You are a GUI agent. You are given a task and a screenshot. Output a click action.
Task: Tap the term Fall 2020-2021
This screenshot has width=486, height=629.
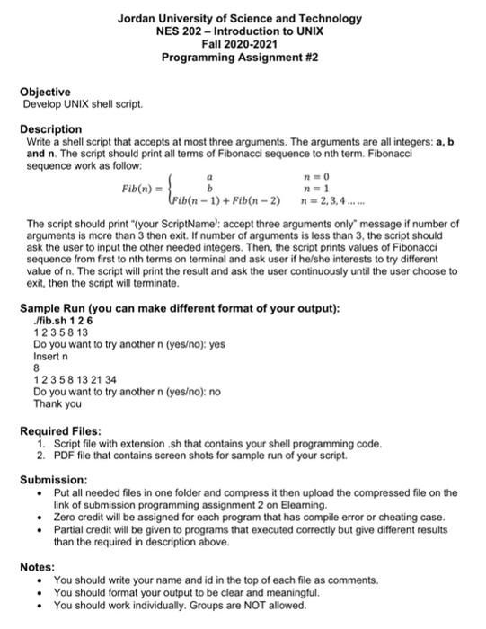click(240, 44)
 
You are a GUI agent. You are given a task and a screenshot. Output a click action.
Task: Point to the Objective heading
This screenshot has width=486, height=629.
click(45, 93)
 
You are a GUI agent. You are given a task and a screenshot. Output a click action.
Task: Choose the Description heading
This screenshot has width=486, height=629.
click(51, 129)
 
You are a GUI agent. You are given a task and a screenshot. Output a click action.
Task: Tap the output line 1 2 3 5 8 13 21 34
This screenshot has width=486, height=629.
click(75, 380)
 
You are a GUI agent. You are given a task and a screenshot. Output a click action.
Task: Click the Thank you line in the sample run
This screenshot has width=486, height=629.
click(57, 403)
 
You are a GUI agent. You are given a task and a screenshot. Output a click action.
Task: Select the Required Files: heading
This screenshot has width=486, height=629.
click(60, 431)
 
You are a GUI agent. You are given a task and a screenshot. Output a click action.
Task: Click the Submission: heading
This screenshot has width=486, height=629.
click(54, 480)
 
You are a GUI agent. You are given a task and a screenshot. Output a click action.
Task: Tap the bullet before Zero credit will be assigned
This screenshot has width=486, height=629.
click(40, 518)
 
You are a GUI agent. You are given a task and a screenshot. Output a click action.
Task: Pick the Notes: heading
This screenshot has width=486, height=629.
click(37, 567)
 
